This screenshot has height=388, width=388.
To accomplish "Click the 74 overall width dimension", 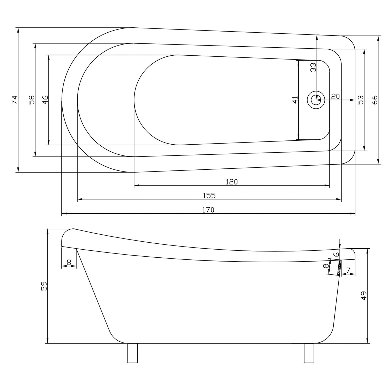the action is pyautogui.click(x=15, y=100).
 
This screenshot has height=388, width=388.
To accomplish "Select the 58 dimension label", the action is pyautogui.click(x=32, y=100).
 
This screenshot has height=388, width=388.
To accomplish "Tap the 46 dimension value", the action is pyautogui.click(x=45, y=100).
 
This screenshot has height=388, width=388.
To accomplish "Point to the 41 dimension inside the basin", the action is pyautogui.click(x=295, y=100).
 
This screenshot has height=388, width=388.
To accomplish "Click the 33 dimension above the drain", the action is pyautogui.click(x=313, y=67).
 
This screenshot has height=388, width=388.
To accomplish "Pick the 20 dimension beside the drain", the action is pyautogui.click(x=335, y=96).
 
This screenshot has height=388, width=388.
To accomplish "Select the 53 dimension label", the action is pyautogui.click(x=361, y=100).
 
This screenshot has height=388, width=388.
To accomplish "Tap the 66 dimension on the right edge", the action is pyautogui.click(x=375, y=100).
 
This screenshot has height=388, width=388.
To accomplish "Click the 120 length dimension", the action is pyautogui.click(x=232, y=182).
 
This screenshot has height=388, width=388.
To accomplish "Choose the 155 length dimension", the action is pyautogui.click(x=209, y=196).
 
